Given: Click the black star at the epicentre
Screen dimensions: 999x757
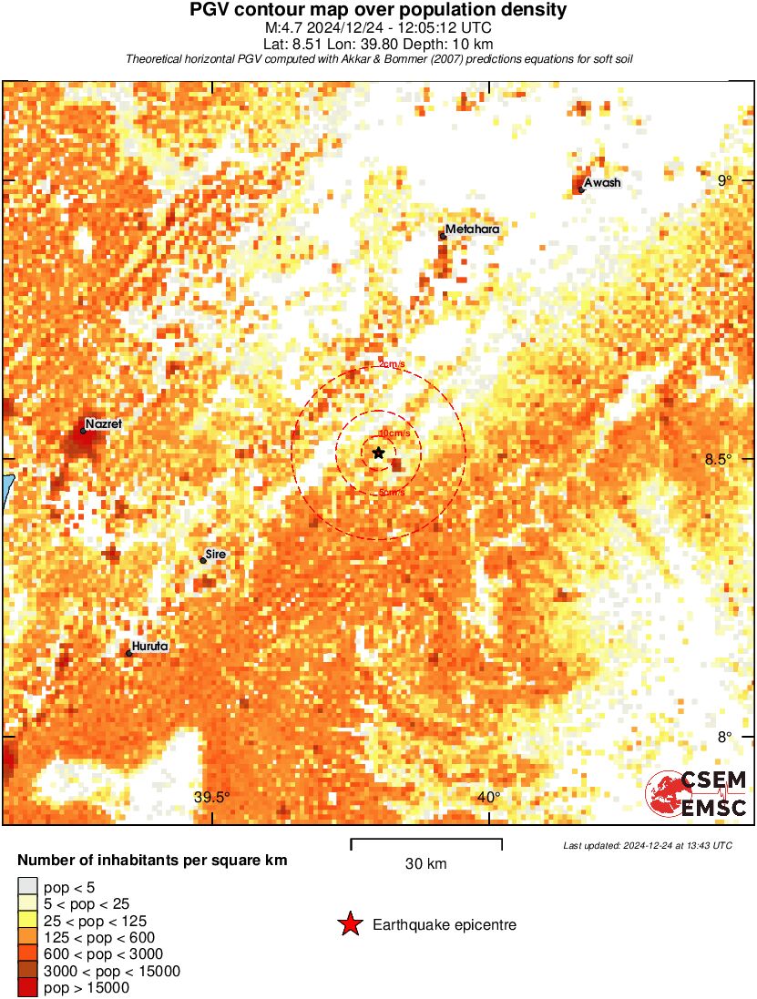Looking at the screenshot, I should click(x=378, y=453).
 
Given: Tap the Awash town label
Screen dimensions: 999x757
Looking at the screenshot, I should click(x=602, y=183).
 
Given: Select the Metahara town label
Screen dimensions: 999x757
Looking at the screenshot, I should click(x=473, y=229).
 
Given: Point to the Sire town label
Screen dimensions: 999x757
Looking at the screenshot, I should click(x=216, y=554).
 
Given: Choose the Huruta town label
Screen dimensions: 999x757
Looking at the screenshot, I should click(x=150, y=647).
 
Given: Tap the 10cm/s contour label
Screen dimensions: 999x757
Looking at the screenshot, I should click(x=393, y=433).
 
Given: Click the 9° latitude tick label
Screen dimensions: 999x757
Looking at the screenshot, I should click(x=725, y=180).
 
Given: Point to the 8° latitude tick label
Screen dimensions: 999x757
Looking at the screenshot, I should click(x=725, y=737).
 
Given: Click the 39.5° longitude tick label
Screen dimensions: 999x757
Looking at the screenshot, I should click(x=212, y=798).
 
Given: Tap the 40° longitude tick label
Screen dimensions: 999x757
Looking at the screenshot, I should click(x=489, y=798).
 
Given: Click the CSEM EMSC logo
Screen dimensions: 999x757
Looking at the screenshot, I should click(x=697, y=793).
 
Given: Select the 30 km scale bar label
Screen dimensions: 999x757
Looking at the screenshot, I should click(x=425, y=864).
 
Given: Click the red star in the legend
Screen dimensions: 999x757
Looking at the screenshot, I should click(x=349, y=925).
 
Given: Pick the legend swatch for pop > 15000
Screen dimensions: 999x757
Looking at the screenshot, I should click(x=27, y=988).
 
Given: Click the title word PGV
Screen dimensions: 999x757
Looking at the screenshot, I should click(x=212, y=10).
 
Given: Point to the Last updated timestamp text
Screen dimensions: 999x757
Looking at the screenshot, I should click(x=648, y=846).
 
